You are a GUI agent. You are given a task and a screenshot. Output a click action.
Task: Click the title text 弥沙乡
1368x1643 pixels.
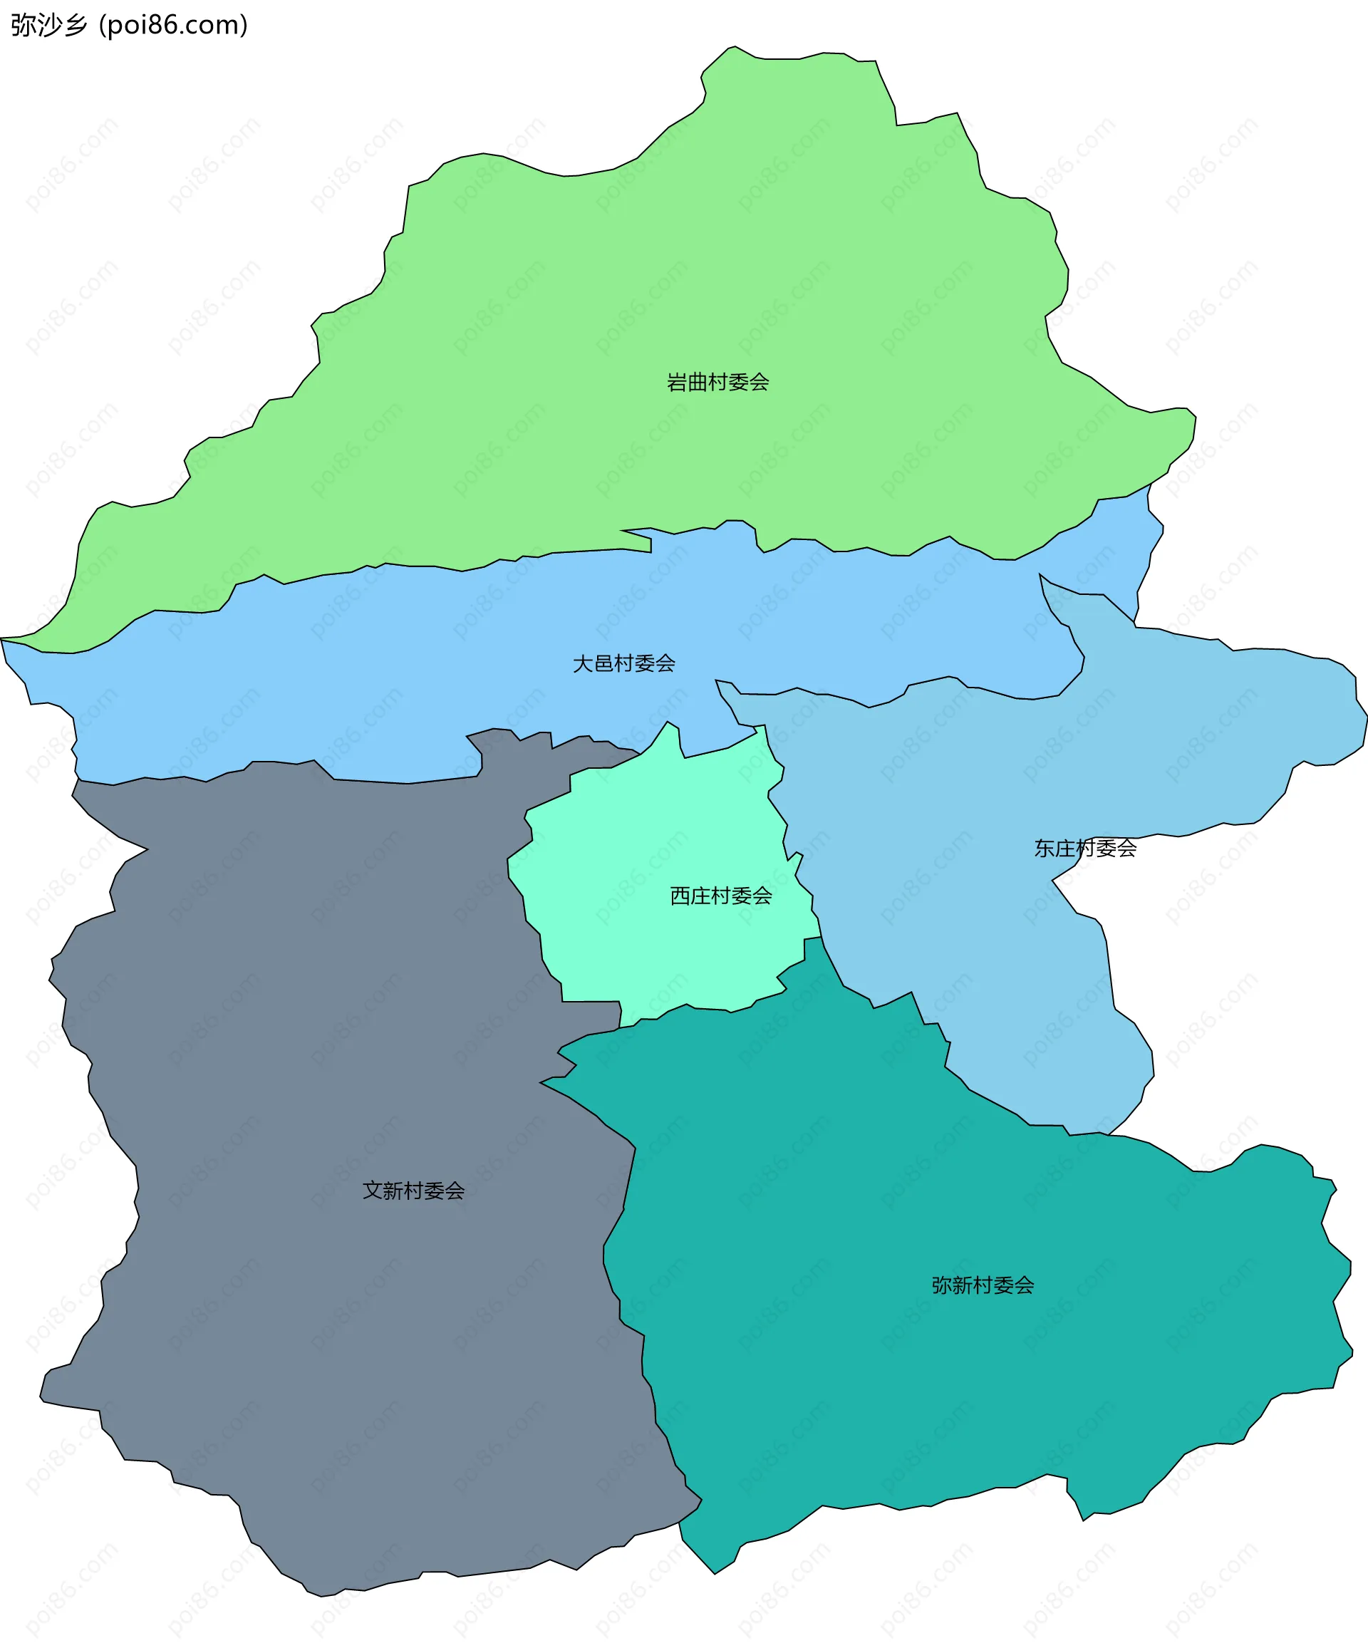(48, 25)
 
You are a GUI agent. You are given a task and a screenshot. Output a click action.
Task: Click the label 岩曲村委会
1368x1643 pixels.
(717, 382)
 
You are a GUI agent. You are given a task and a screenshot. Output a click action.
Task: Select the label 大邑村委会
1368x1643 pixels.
(623, 663)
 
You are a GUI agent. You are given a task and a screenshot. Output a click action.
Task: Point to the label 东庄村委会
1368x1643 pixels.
(1084, 848)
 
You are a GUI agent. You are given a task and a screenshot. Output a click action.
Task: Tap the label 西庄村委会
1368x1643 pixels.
(721, 896)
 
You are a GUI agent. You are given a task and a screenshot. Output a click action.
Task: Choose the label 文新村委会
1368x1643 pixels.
(413, 1191)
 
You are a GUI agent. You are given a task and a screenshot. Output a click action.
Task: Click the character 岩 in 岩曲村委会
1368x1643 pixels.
(677, 382)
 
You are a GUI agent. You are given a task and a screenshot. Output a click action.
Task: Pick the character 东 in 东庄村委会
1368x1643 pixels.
(1044, 848)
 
